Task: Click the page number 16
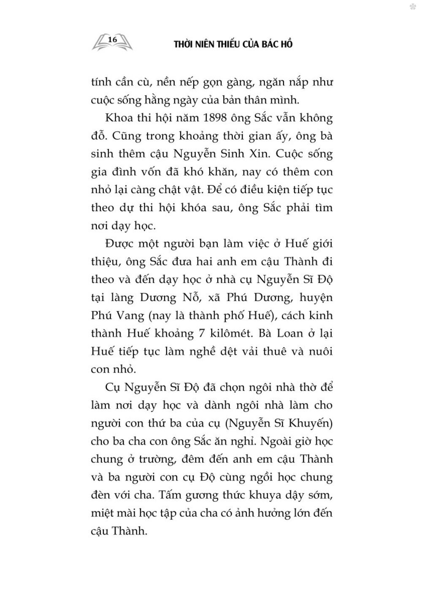coord(112,39)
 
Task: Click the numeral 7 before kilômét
coord(202,334)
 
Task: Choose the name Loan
coord(289,334)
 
